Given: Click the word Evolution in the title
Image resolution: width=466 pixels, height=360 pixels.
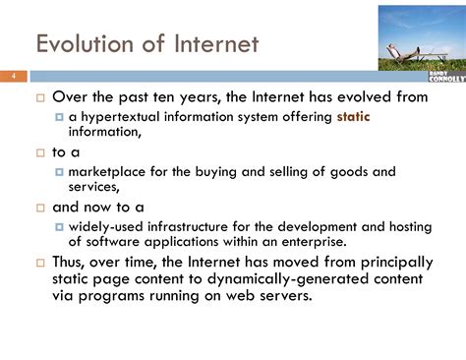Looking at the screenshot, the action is tap(85, 43).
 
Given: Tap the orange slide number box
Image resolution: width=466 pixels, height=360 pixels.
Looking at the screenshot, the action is tap(14, 77).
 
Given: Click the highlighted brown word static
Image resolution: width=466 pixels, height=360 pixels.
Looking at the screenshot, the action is tap(353, 117).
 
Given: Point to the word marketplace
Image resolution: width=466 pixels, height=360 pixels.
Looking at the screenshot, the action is tap(106, 172).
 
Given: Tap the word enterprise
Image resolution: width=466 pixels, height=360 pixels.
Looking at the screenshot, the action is tap(314, 242).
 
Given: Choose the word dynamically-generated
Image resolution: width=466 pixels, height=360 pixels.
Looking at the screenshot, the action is tap(288, 279).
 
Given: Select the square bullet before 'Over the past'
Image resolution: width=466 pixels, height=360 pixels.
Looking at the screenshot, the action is tap(40, 97).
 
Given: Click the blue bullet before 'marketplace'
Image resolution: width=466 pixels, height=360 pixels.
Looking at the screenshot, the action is tap(59, 172).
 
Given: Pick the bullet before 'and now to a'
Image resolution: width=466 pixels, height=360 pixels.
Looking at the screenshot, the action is tap(40, 208).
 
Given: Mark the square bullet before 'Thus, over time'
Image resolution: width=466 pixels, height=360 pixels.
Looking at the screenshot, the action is tap(40, 263).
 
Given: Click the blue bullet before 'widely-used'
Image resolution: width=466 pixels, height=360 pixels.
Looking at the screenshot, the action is tap(59, 227).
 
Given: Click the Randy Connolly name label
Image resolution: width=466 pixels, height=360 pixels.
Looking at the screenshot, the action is tap(447, 77).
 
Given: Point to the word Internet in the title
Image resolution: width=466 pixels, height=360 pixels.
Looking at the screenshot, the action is tap(216, 43).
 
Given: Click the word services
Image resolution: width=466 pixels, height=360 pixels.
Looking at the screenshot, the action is tap(93, 187).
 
